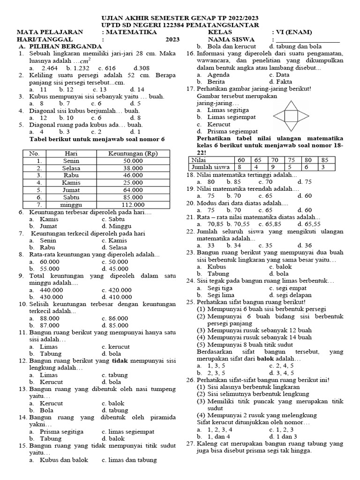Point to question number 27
190,443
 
